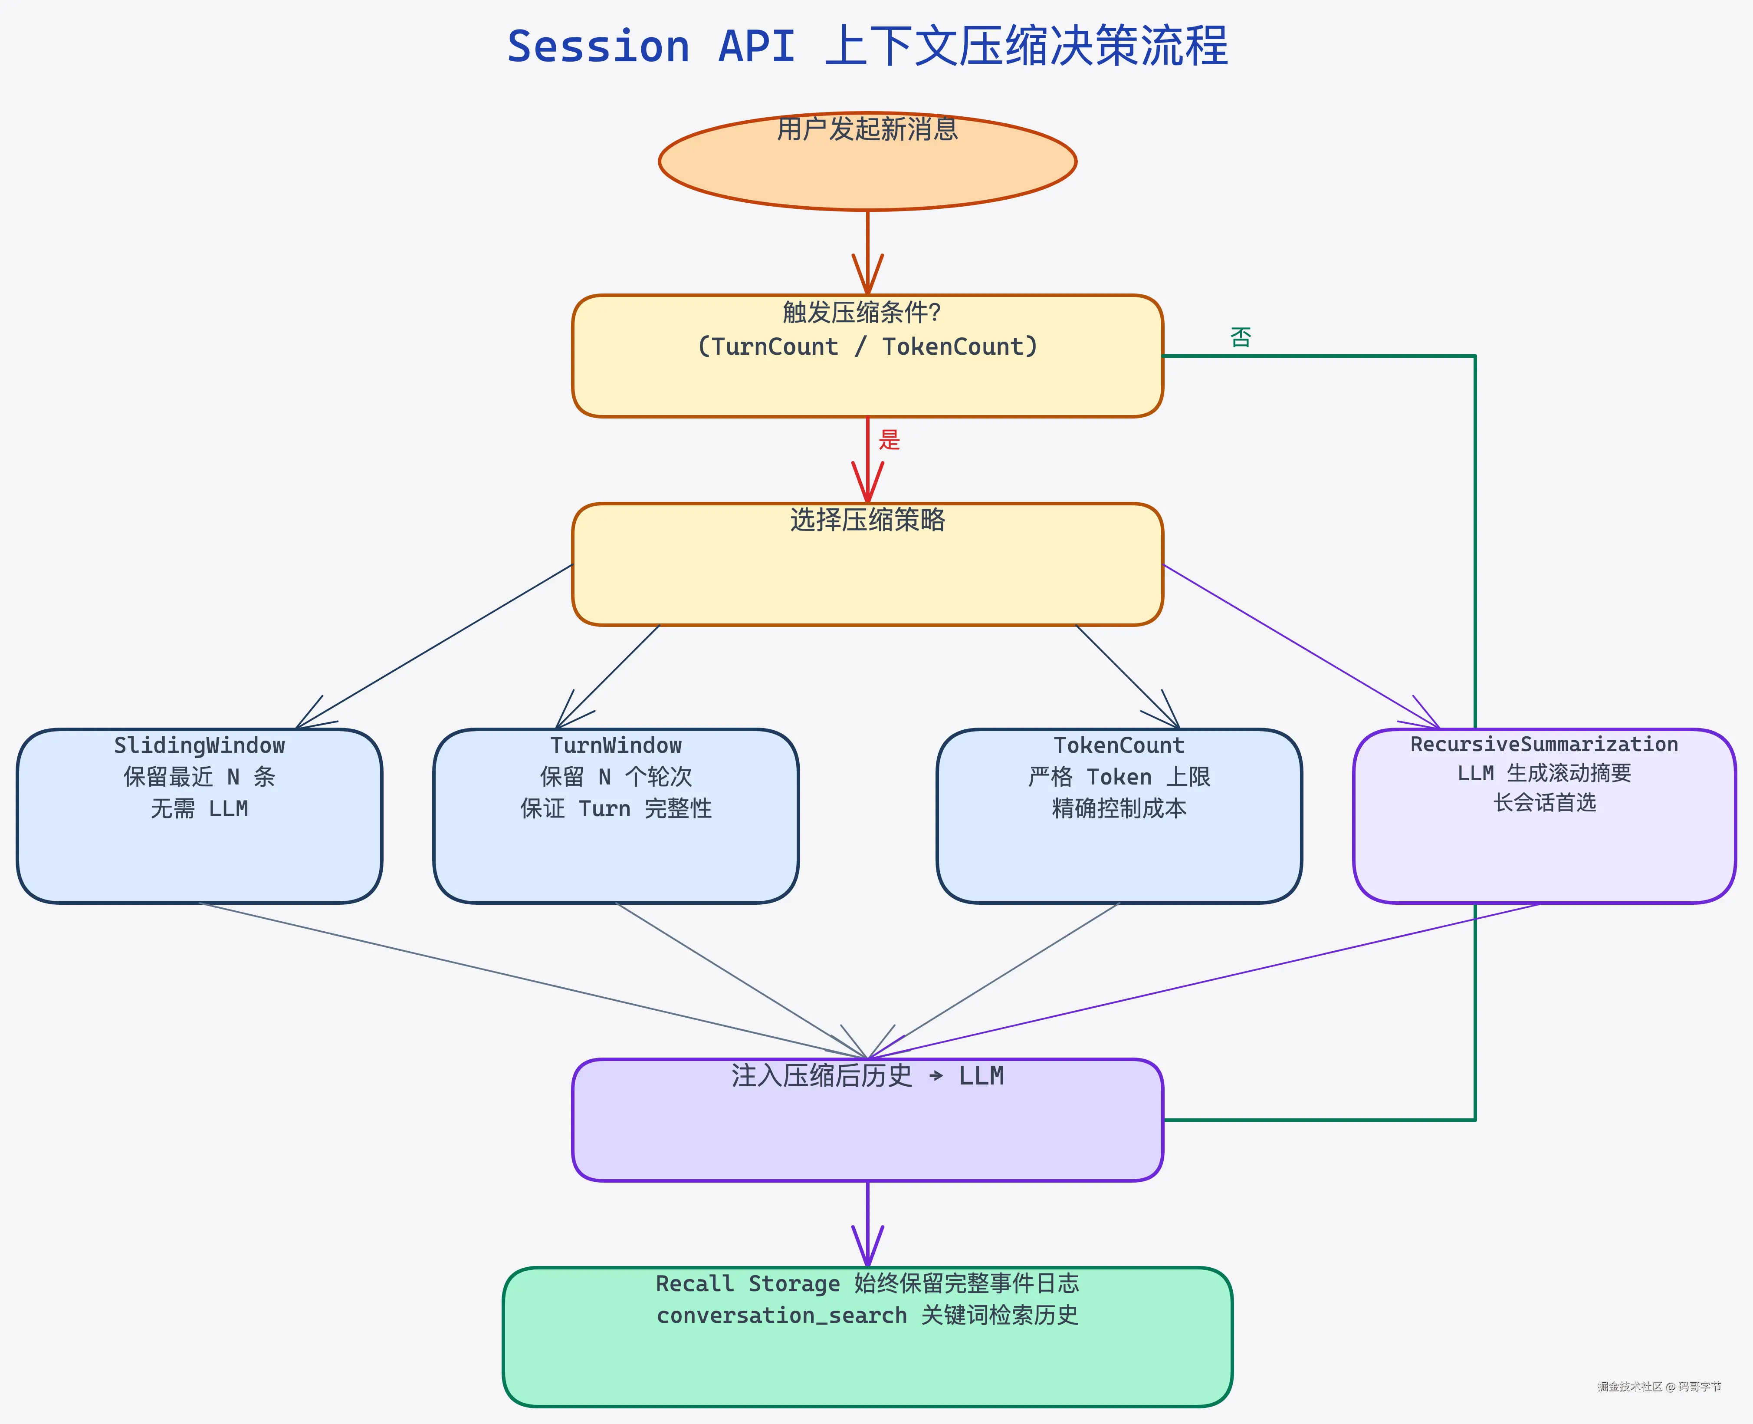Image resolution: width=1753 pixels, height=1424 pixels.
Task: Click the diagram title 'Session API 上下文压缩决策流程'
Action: (x=867, y=46)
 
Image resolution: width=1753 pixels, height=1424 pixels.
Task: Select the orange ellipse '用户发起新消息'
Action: (x=867, y=162)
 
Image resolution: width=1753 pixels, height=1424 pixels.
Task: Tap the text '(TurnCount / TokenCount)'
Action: (x=867, y=346)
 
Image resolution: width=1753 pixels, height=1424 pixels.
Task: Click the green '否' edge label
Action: (x=1241, y=337)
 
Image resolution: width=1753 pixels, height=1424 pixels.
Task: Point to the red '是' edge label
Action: (x=890, y=440)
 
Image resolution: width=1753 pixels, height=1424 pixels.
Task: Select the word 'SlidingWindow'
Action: (x=199, y=745)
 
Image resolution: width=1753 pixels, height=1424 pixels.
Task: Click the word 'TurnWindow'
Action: (x=616, y=745)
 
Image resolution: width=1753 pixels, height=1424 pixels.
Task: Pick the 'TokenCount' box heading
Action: (x=1119, y=745)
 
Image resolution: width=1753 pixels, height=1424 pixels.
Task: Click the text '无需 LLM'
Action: (x=199, y=809)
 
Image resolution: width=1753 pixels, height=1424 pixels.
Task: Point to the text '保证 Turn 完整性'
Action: (x=616, y=809)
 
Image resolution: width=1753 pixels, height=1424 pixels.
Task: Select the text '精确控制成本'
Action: (x=1119, y=809)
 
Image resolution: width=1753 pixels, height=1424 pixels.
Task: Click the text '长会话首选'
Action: (x=1544, y=802)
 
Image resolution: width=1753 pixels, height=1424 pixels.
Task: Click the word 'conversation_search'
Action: (x=781, y=1316)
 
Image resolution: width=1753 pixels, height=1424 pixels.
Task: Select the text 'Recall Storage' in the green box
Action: (x=748, y=1284)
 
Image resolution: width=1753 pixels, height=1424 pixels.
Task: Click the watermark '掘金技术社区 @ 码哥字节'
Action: (x=1659, y=1386)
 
